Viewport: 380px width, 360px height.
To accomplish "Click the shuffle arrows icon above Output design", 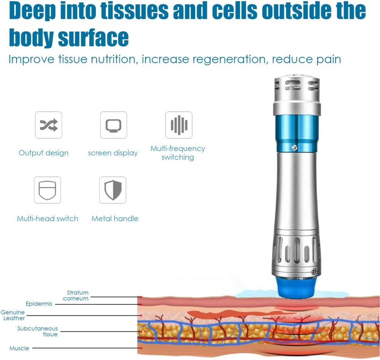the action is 49,125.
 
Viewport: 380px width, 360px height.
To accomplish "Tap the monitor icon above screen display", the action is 114,125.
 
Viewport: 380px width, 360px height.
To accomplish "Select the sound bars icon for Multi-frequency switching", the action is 179,125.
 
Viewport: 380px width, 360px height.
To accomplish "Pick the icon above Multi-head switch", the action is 47,190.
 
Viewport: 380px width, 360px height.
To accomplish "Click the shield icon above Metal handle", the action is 113,190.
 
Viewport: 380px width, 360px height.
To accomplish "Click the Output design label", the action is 44,153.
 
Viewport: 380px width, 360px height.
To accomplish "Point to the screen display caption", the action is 113,153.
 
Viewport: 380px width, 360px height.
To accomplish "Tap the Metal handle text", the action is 115,219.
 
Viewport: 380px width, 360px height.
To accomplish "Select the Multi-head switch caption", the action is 47,219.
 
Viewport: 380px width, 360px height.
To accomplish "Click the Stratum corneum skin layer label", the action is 76,296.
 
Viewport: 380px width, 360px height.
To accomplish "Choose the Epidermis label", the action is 39,304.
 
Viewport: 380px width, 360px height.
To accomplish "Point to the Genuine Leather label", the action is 13,315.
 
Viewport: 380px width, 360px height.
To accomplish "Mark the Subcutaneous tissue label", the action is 38,331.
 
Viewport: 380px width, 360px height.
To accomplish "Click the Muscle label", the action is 19,348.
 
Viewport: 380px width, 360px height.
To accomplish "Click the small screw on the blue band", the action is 294,147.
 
